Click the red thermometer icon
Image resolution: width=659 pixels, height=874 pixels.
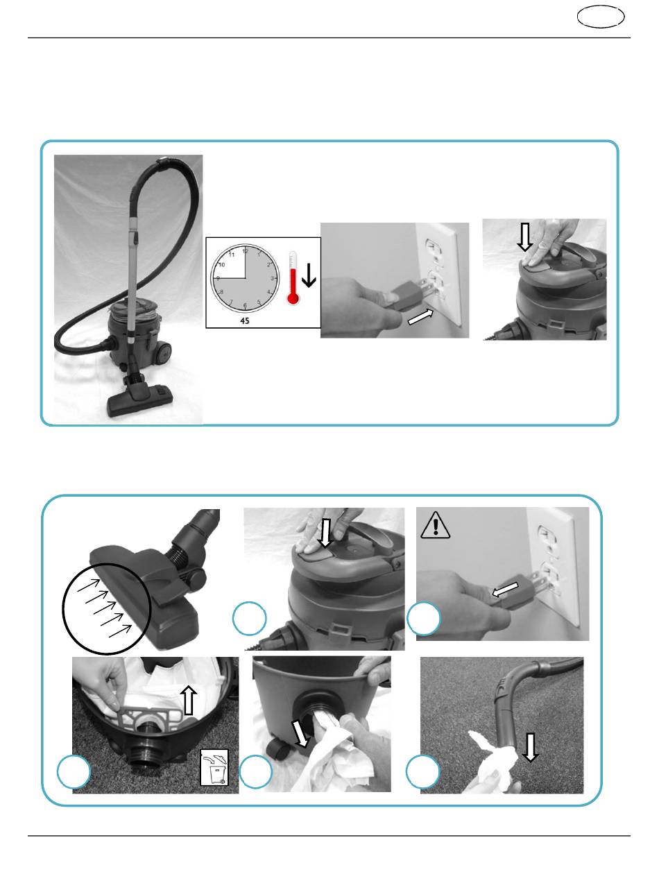(293, 278)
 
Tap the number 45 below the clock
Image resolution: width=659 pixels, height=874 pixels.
(245, 320)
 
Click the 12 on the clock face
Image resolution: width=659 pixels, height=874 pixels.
(246, 251)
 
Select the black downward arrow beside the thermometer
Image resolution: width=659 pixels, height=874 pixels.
(309, 275)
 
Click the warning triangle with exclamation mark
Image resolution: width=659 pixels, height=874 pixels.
(435, 525)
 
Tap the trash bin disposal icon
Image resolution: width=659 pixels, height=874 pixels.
(214, 767)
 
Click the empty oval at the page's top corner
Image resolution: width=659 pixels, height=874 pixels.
(601, 17)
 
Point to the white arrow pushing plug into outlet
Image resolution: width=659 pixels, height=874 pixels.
(420, 317)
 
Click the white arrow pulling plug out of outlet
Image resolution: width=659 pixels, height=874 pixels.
(505, 590)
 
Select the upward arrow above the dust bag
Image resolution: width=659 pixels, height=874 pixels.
(189, 700)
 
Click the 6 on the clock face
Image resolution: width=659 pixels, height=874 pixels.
(245, 305)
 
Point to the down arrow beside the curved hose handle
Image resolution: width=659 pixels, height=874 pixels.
(530, 748)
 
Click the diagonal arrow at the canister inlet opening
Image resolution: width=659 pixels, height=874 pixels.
(300, 733)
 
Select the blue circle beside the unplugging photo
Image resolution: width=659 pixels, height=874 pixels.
(424, 619)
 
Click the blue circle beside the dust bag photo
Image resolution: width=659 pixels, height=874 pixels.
(74, 771)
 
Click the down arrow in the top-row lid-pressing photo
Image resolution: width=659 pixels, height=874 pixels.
(525, 237)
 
